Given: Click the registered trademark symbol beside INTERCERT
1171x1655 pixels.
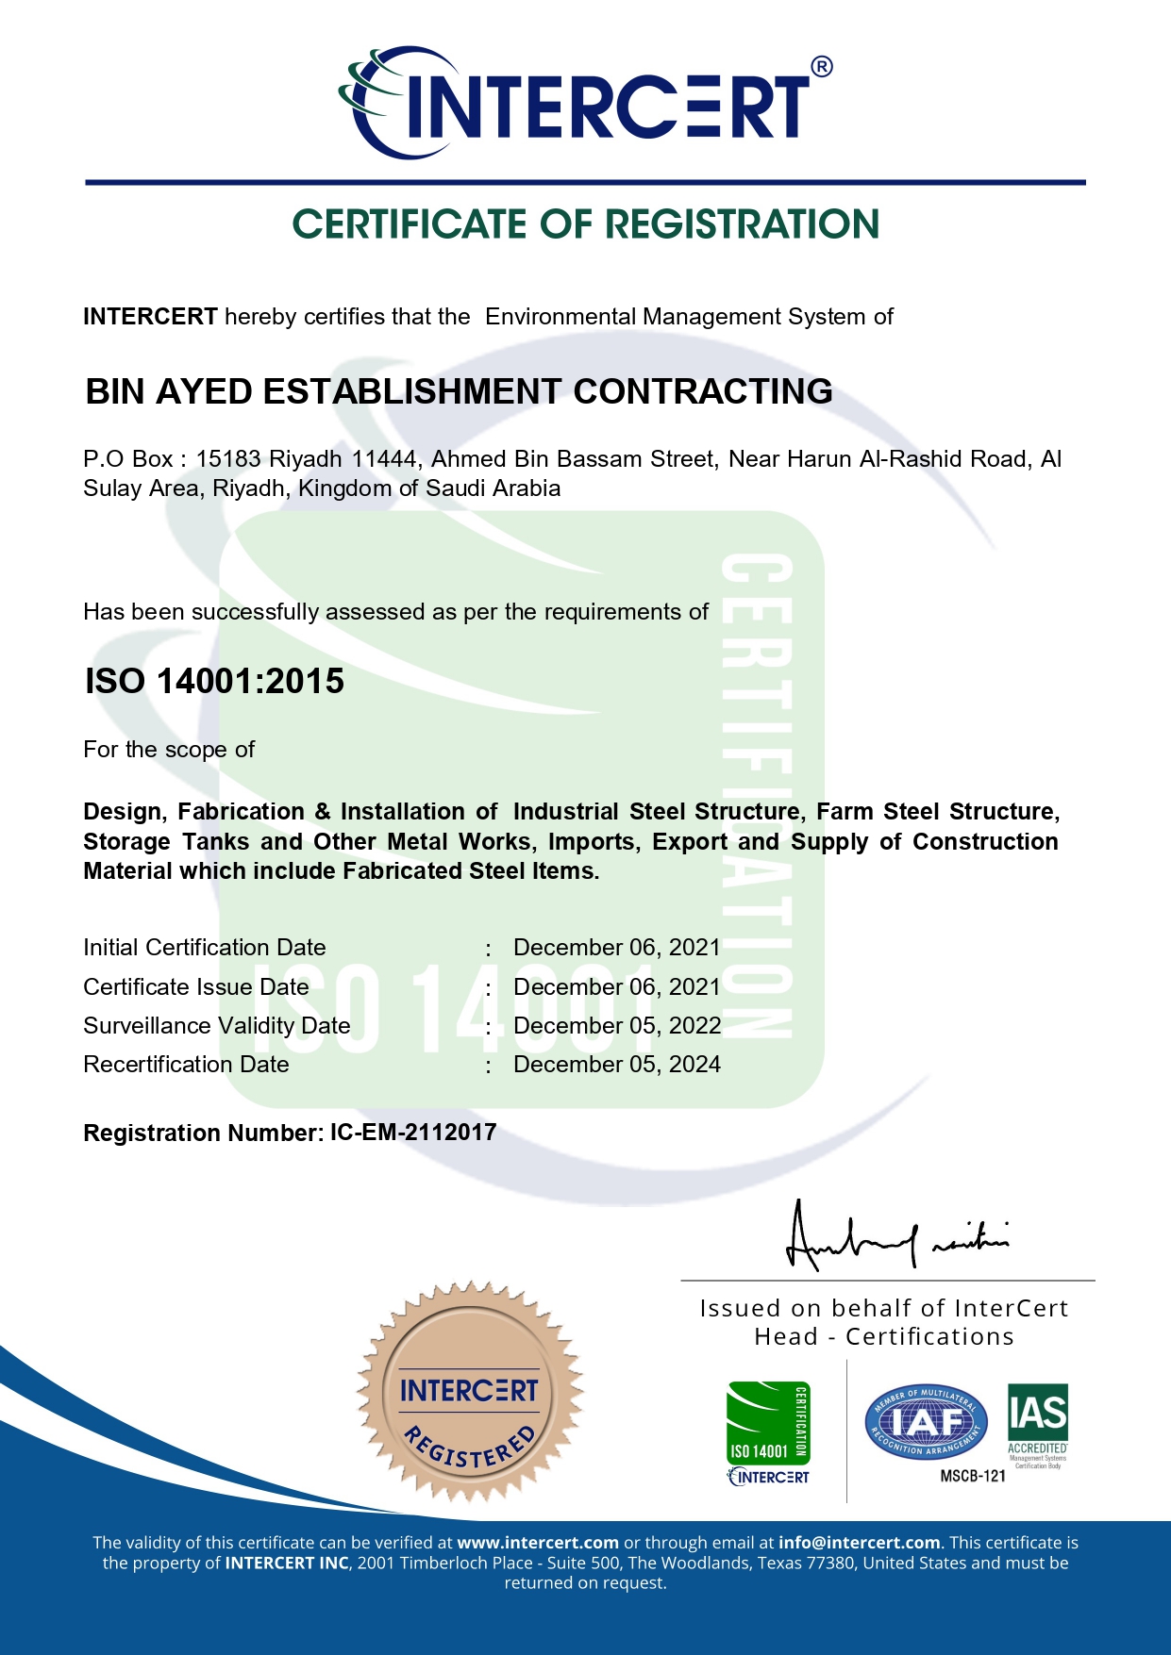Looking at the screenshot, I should tap(822, 66).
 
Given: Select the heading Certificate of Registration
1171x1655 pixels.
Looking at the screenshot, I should tap(585, 224).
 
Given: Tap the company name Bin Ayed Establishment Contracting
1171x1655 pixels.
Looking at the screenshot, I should tap(459, 391).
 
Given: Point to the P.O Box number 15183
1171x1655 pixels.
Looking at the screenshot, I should tap(228, 459).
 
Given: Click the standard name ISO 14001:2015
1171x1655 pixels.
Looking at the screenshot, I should tap(215, 681).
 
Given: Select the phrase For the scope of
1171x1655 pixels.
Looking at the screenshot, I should tap(169, 750).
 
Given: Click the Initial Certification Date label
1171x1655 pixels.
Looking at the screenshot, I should tap(205, 948).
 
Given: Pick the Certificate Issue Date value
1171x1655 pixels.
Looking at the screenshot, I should tap(616, 987).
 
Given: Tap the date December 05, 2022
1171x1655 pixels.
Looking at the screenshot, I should tap(617, 1026).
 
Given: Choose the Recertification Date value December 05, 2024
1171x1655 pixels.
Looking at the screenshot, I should tap(617, 1065).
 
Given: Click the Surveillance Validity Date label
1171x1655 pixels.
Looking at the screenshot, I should tap(217, 1026).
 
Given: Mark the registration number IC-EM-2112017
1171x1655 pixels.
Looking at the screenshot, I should tap(413, 1133).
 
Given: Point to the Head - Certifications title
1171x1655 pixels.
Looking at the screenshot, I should tap(884, 1337).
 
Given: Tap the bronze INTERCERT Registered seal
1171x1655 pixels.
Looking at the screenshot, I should tap(469, 1392).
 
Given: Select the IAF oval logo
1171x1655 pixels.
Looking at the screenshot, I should tap(926, 1423).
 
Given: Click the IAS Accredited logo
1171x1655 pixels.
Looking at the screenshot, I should tap(1037, 1424).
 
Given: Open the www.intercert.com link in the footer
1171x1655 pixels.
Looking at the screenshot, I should tap(538, 1543).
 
